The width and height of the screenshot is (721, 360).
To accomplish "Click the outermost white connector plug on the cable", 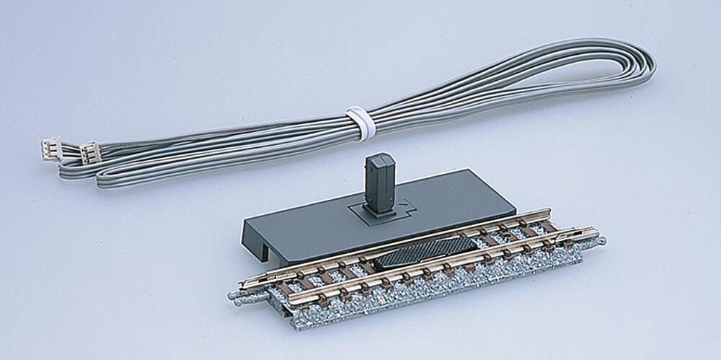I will pyautogui.click(x=50, y=148).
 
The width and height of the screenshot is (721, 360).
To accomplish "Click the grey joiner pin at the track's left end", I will pyautogui.click(x=237, y=295).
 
